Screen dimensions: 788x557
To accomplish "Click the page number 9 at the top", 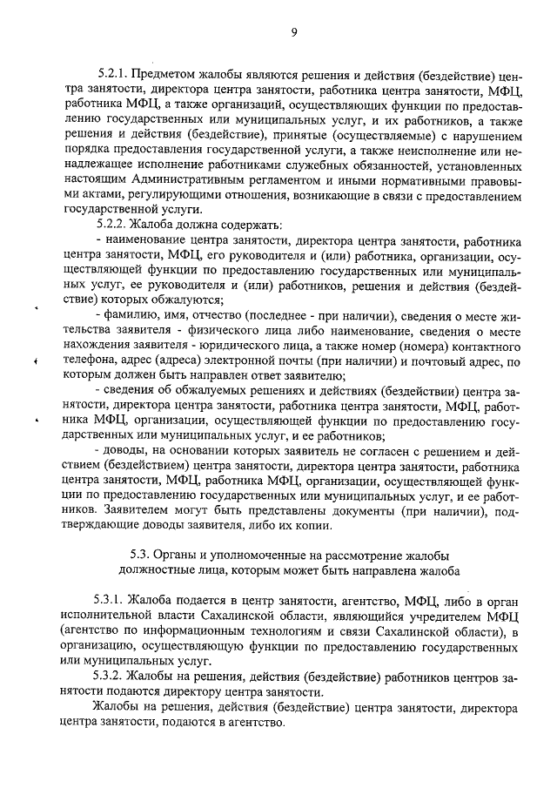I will (294, 32).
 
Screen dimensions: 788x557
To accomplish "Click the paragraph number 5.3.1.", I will (111, 600).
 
